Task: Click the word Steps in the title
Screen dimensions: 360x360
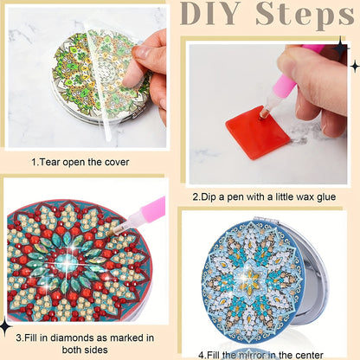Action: (305, 16)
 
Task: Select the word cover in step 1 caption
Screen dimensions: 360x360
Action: (117, 163)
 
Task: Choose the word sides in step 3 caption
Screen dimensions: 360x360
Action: (96, 350)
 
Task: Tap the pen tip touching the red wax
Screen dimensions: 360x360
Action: (262, 115)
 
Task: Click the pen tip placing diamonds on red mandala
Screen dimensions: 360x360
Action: (114, 232)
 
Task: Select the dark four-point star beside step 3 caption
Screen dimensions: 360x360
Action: (5, 327)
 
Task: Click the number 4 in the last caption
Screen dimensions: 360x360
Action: (201, 355)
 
